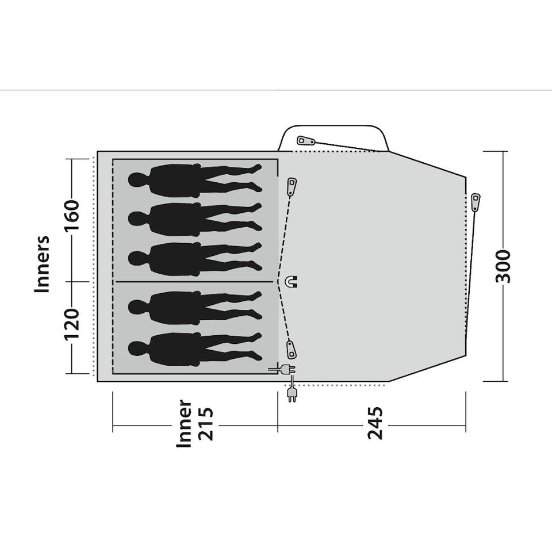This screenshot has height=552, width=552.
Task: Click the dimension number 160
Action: (x=71, y=214)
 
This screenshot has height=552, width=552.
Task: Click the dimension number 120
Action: (x=71, y=324)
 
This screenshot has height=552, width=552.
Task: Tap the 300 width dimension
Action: (x=503, y=266)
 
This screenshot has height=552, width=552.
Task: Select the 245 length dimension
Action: (x=375, y=423)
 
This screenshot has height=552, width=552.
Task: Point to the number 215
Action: (x=206, y=424)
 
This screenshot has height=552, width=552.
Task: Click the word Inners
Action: (x=42, y=264)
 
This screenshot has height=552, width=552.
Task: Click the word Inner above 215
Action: (x=184, y=424)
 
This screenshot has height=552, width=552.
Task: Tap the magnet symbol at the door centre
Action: (x=293, y=281)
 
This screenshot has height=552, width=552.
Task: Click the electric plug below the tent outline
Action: (x=292, y=394)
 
